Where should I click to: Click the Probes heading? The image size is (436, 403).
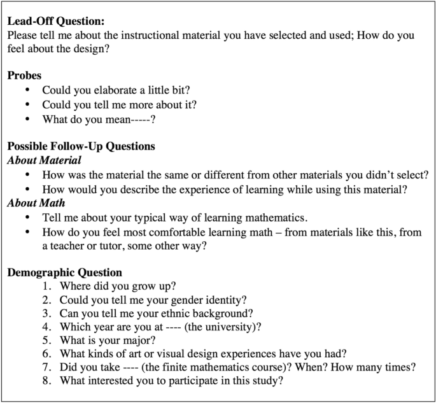[25, 76]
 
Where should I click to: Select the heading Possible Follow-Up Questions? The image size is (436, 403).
[81, 146]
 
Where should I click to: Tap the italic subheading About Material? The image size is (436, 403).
[44, 160]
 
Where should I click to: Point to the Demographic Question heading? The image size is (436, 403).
[64, 272]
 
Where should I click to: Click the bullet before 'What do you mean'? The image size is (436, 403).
[27, 118]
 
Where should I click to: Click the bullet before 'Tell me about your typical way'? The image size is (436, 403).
[27, 217]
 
